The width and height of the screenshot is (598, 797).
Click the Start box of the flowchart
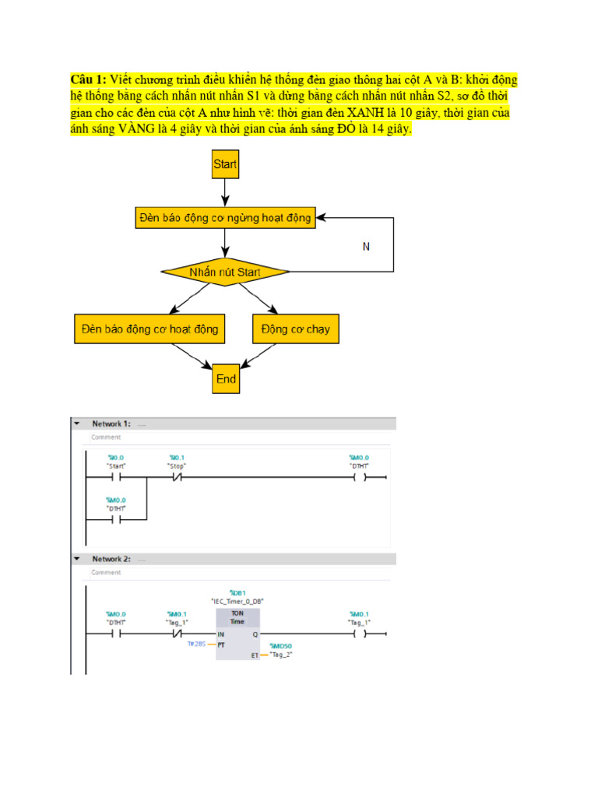[x=225, y=164]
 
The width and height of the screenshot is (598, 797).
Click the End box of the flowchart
[x=226, y=379]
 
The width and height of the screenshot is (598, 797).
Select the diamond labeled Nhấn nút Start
[x=225, y=272]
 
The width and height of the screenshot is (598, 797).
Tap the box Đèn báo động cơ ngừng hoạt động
[x=224, y=218]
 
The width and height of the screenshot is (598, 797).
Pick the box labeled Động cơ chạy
[x=296, y=329]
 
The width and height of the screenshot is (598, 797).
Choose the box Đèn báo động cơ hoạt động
[x=149, y=329]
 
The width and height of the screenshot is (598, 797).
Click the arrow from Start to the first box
[x=225, y=191]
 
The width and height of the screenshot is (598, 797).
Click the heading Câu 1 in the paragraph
[x=88, y=79]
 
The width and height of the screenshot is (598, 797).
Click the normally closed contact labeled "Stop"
[x=177, y=476]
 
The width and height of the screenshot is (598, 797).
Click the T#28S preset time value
[x=196, y=644]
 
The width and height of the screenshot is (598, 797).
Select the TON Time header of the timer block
[x=237, y=616]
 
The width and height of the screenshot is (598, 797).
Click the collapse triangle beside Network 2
[x=77, y=559]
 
